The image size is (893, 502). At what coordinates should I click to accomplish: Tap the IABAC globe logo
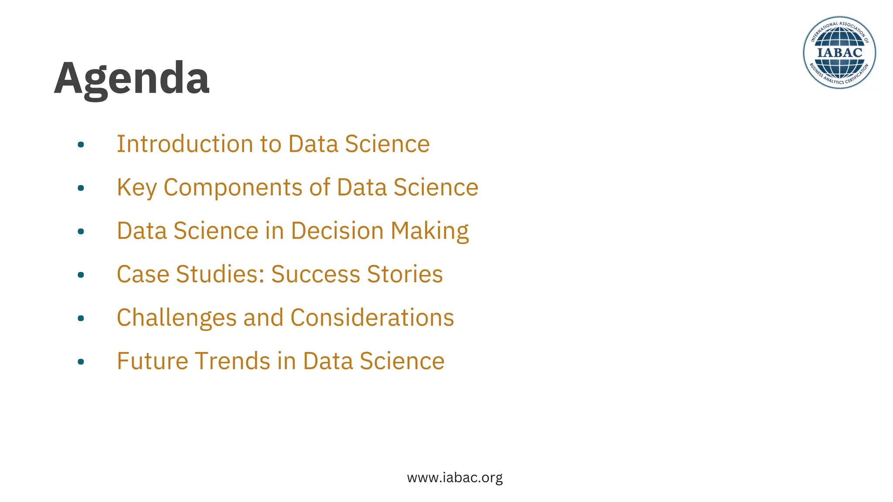pyautogui.click(x=839, y=53)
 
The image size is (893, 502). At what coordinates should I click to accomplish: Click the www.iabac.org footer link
pyautogui.click(x=455, y=478)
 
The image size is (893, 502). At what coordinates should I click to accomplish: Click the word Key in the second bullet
pyautogui.click(x=136, y=187)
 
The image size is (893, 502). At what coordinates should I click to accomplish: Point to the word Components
pyautogui.click(x=233, y=187)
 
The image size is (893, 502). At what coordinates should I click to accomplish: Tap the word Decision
pyautogui.click(x=337, y=231)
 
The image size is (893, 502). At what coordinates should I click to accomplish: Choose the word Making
pyautogui.click(x=429, y=231)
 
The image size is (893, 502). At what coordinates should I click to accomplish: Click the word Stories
pyautogui.click(x=405, y=274)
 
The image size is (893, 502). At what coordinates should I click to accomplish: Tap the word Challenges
pyautogui.click(x=177, y=318)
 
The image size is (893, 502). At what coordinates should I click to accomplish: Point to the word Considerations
pyautogui.click(x=372, y=318)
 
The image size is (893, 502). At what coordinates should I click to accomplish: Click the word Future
pyautogui.click(x=152, y=361)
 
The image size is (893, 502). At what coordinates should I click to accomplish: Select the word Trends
pyautogui.click(x=232, y=361)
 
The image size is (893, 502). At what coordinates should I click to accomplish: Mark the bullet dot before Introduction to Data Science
pyautogui.click(x=81, y=145)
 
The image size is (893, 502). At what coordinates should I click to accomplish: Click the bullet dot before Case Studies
pyautogui.click(x=81, y=275)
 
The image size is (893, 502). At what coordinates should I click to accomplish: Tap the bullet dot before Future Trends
pyautogui.click(x=81, y=362)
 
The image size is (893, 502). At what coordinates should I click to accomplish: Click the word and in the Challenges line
pyautogui.click(x=263, y=318)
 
